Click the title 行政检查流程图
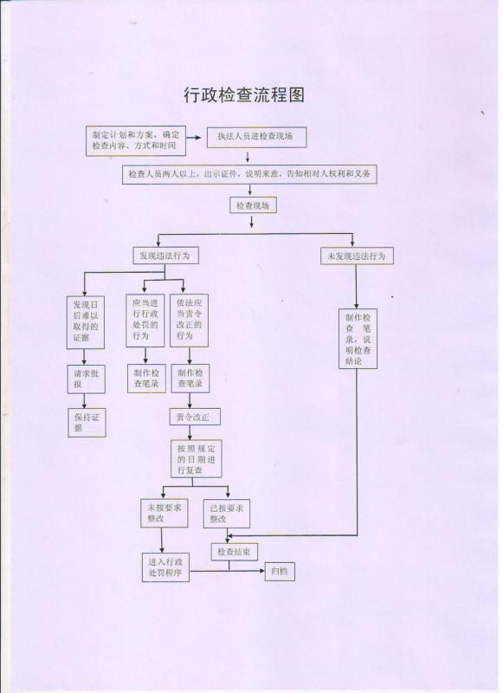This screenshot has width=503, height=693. point(244,94)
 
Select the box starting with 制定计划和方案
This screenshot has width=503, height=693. point(136,140)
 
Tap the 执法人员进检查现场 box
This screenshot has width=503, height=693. point(256,137)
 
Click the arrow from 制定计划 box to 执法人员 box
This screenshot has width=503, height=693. point(194,138)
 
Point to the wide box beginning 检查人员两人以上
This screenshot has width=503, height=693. point(249,174)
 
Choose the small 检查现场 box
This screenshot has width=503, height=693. point(253,205)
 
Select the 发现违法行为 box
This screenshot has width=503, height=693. point(165,256)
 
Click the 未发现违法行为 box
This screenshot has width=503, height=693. point(357,256)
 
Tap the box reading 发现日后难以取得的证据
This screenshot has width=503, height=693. point(86,322)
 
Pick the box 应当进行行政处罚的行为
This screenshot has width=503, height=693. point(145,320)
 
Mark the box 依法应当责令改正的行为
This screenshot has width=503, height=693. point(190,320)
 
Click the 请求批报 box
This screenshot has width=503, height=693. point(87,379)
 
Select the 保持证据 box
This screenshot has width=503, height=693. point(87,423)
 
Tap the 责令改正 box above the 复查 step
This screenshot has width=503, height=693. point(195,417)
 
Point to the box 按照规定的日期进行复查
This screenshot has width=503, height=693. point(197,459)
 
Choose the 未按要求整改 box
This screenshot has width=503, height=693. point(164,513)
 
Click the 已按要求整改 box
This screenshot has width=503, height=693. point(227,514)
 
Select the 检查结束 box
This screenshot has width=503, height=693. point(234,552)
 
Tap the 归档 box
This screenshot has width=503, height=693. point(280,572)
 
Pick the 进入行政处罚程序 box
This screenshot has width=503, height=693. point(165,567)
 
